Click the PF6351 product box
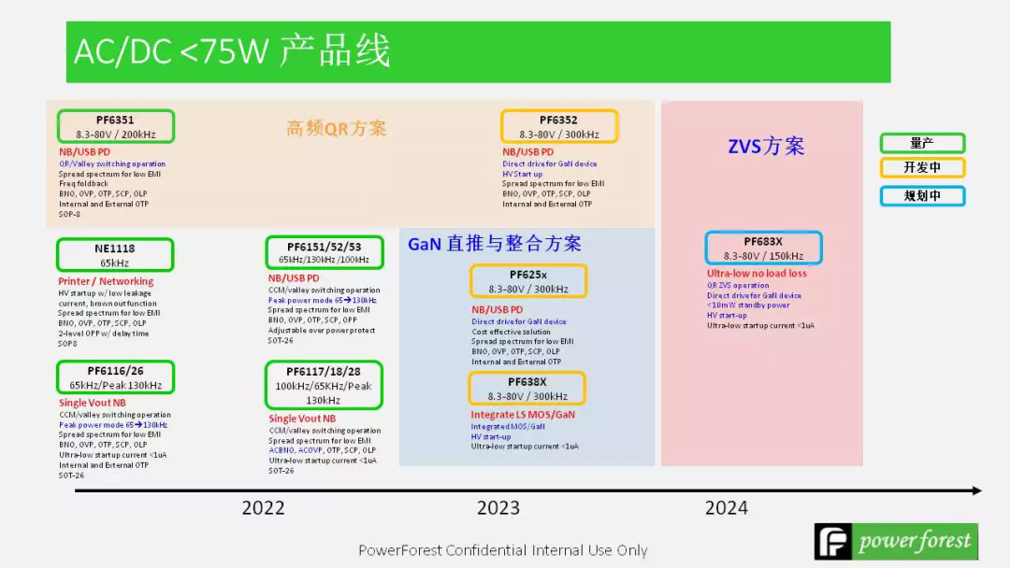click(115, 126)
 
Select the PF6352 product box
click(558, 126)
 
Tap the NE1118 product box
click(114, 255)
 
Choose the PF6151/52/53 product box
click(324, 252)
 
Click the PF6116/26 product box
click(115, 377)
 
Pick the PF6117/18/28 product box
click(324, 385)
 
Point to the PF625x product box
click(527, 281)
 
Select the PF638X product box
click(527, 389)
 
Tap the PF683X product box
click(763, 248)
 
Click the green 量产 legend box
click(921, 143)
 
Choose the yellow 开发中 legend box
click(921, 168)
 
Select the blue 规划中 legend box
click(921, 196)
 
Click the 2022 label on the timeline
click(263, 508)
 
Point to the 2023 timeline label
click(498, 508)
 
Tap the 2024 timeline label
click(726, 508)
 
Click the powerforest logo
click(895, 542)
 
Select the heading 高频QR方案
click(336, 129)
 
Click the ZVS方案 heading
click(766, 147)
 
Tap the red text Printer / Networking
click(106, 281)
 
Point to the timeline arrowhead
click(976, 490)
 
